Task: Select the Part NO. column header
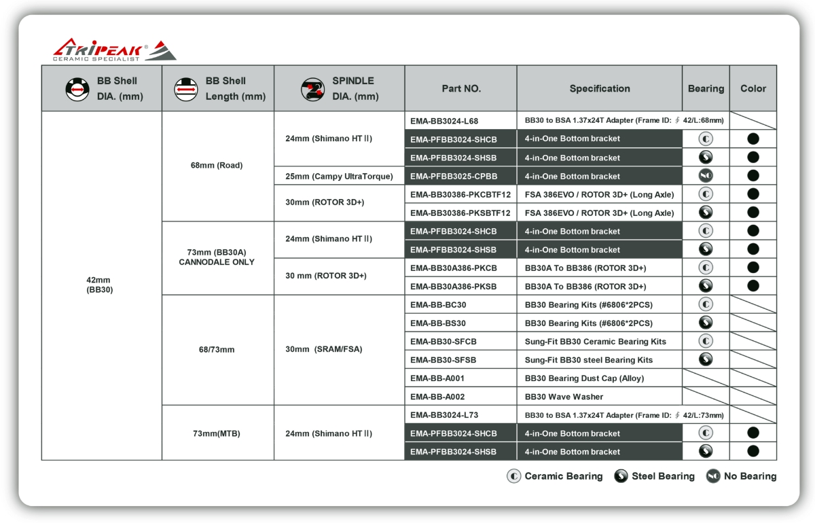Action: click(x=460, y=88)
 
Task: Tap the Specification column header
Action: click(x=599, y=88)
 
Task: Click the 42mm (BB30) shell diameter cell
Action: click(x=98, y=285)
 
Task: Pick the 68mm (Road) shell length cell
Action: click(x=217, y=165)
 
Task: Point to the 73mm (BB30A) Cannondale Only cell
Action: click(x=217, y=257)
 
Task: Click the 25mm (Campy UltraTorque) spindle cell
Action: click(x=339, y=177)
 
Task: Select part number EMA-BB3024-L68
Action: click(x=444, y=121)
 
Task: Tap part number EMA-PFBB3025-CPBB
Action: click(x=454, y=177)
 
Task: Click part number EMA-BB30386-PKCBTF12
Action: click(x=460, y=195)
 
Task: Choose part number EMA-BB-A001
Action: click(x=437, y=378)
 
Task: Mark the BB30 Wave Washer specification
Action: click(x=564, y=397)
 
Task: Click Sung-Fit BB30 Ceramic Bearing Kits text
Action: click(x=596, y=342)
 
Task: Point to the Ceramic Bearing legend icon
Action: click(x=514, y=476)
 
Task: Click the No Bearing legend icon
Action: click(x=713, y=476)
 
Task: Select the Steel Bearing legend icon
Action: click(x=621, y=476)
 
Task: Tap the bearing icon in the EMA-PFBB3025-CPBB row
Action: click(x=706, y=176)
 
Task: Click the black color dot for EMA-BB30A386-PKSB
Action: click(x=753, y=286)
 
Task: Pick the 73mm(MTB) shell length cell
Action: click(x=217, y=433)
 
